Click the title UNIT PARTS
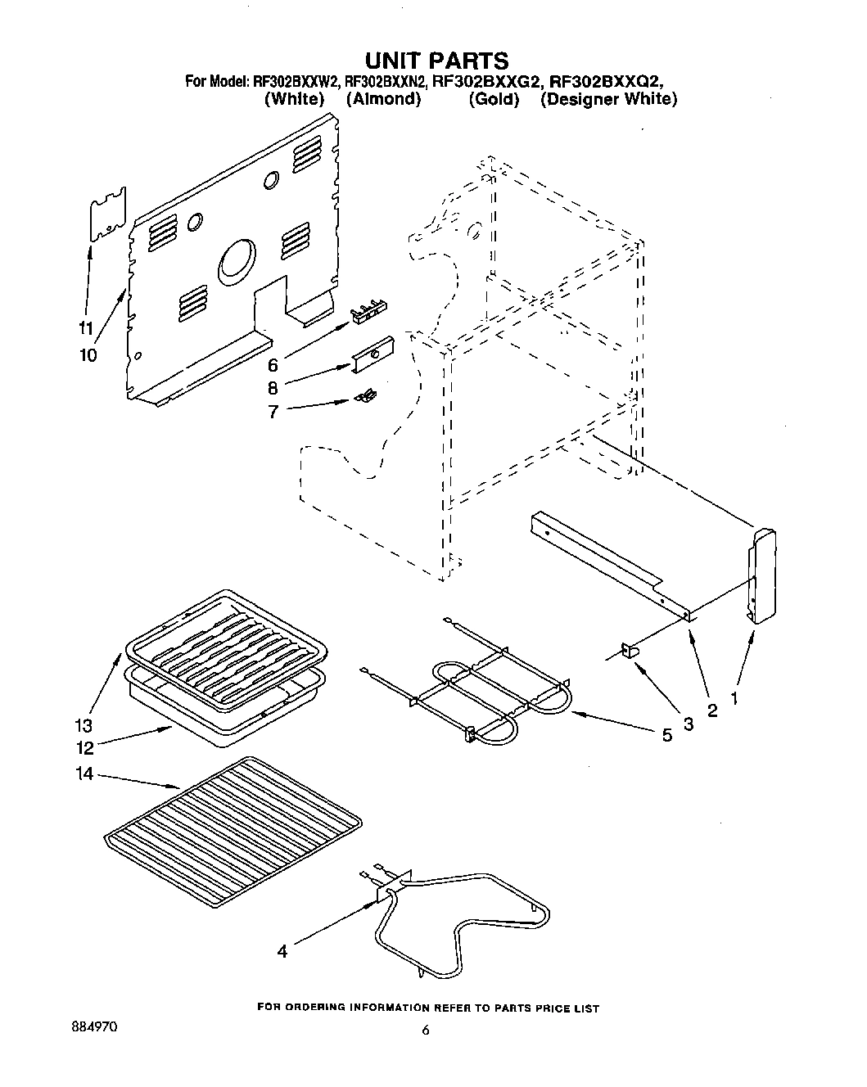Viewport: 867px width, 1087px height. pos(436,60)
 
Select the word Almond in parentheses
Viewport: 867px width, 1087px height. pos(383,99)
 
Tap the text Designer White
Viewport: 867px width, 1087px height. pos(609,99)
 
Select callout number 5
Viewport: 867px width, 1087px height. pos(666,735)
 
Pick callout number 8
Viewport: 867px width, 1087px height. pos(273,388)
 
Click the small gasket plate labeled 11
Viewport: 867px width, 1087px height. pos(108,214)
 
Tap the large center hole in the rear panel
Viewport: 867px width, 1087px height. pos(237,262)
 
